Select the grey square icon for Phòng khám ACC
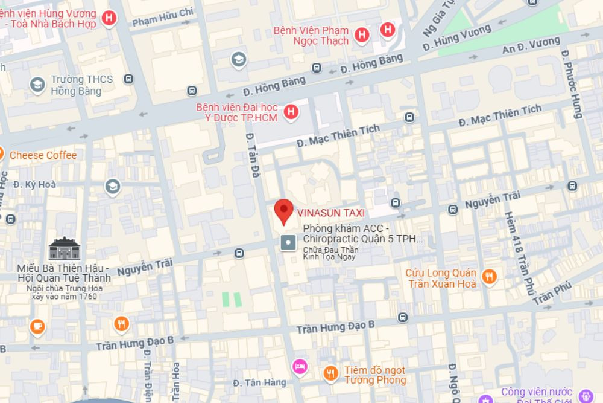point(288,243)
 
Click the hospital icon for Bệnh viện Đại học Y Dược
point(291,112)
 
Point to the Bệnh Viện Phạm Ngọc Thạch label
point(311,36)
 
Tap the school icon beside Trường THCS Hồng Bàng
point(37,85)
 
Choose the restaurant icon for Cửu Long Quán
point(490,277)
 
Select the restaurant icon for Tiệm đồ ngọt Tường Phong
point(330,374)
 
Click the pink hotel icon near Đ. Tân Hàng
point(300,366)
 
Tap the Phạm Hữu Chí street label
point(163,21)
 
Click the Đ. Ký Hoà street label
point(34,184)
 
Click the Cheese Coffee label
point(43,155)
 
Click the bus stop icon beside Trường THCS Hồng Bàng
point(127,79)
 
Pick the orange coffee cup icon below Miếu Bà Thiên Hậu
point(37,326)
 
